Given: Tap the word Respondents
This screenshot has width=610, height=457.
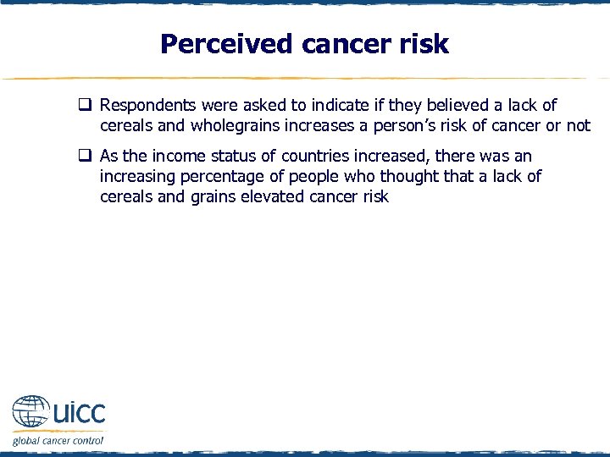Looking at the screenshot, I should coord(147,105).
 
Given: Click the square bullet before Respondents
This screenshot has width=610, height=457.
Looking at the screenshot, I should coord(86,106).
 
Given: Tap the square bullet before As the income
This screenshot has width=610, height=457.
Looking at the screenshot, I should coord(86,157).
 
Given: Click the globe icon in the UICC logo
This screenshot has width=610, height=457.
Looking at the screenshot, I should coord(30,412).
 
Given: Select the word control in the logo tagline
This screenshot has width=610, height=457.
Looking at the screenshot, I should coord(88,440).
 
